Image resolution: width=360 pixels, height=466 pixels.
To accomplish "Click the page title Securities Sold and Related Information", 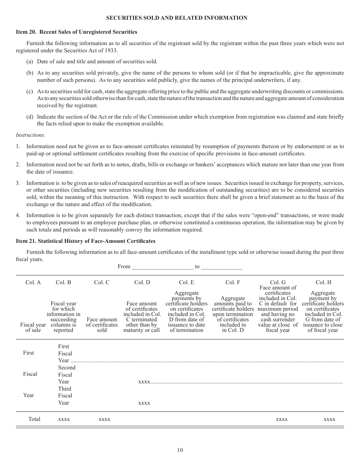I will click(x=177, y=18).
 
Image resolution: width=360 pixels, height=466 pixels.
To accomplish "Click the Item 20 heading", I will click(x=77, y=32).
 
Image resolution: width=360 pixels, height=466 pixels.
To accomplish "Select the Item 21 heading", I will click(x=86, y=241).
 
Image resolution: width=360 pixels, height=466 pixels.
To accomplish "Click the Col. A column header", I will click(x=33, y=282).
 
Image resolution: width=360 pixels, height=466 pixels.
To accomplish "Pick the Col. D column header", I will click(x=142, y=282).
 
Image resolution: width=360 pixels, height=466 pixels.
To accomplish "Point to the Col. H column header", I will click(x=323, y=282).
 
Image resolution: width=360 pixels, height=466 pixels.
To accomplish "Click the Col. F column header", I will click(x=233, y=282).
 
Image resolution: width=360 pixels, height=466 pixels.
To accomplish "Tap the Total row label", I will click(x=34, y=419).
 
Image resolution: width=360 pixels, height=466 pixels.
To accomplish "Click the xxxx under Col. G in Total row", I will click(x=282, y=419).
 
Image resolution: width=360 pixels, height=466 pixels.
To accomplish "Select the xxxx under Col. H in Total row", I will click(x=329, y=419).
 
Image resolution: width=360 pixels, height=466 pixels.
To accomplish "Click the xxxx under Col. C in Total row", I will click(x=104, y=419).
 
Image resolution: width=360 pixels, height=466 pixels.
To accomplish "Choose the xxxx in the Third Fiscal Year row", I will click(x=144, y=403).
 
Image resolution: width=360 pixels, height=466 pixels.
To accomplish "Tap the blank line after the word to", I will click(x=222, y=267).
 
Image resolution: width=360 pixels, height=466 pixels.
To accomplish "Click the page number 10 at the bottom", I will click(x=180, y=450).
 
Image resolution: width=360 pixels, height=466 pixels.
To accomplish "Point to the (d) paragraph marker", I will click(x=30, y=117).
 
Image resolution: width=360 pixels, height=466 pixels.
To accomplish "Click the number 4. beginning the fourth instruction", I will click(x=18, y=216).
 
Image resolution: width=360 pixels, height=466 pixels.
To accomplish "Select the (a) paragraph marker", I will click(x=30, y=61).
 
